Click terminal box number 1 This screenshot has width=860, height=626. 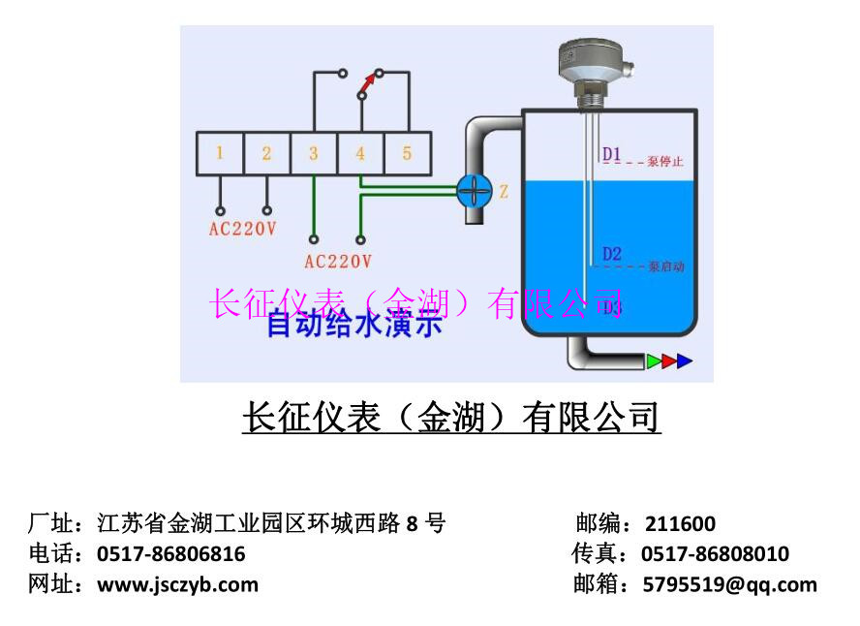[220, 153]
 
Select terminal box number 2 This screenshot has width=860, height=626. [266, 153]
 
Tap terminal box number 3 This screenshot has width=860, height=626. [313, 153]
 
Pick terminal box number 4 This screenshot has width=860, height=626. [360, 153]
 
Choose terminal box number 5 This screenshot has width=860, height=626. [407, 153]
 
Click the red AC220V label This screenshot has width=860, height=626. [243, 230]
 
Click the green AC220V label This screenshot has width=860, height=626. [337, 261]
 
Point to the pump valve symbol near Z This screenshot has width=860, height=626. [475, 190]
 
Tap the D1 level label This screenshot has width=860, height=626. [612, 153]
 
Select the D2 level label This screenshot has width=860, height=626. [612, 254]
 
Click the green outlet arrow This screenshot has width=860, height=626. [655, 361]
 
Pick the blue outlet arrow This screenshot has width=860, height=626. [685, 361]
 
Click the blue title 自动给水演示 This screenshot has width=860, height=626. [354, 325]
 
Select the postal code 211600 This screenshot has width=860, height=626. [680, 524]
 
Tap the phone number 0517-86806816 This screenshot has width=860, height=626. [171, 554]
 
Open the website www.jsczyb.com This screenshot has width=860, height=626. [178, 584]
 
